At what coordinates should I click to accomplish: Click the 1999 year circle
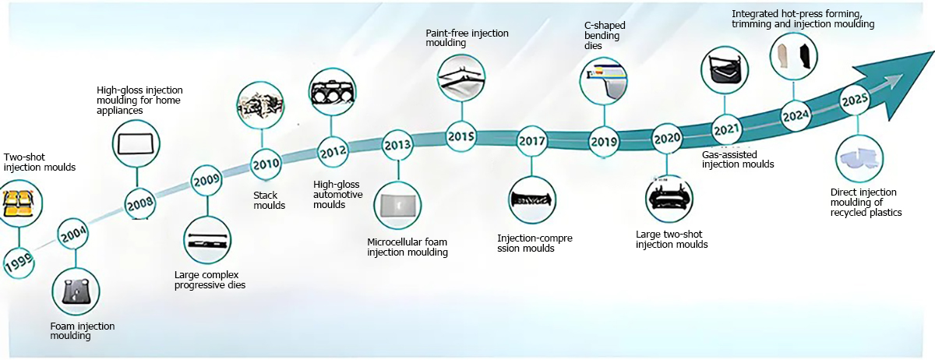19,263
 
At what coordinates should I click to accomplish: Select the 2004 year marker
73,234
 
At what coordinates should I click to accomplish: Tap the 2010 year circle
266,164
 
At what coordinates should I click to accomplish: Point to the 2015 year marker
461,136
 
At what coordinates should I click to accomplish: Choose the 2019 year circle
604,142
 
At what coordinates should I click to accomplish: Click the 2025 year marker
855,101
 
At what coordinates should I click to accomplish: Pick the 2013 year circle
397,146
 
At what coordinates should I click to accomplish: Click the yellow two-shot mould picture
19,203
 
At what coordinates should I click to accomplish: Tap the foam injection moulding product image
76,291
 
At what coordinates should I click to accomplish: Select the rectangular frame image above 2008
136,144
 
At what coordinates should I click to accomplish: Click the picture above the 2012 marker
332,92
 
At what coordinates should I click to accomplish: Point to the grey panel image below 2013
398,206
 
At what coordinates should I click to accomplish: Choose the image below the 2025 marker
859,159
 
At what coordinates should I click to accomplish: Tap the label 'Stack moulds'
270,200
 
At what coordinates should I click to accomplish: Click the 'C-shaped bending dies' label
605,36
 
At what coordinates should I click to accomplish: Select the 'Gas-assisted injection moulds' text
738,160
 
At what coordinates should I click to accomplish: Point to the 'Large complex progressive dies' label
210,280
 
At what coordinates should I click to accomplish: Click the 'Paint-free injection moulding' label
467,37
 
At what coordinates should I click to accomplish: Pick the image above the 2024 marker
793,56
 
